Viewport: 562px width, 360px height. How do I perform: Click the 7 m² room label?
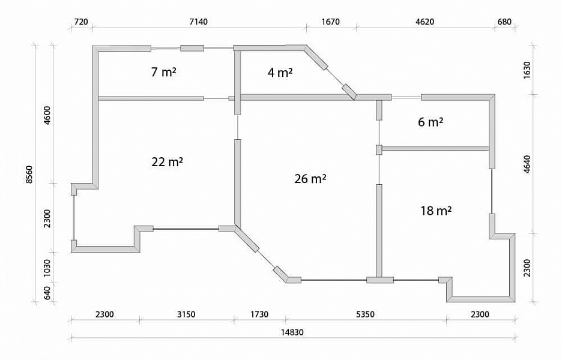[x=164, y=72]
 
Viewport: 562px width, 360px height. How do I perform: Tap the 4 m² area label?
[x=280, y=73]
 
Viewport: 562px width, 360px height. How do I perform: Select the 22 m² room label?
[x=167, y=162]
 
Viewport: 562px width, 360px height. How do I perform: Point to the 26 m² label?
[x=310, y=178]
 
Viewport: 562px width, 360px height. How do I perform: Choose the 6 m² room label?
[x=431, y=122]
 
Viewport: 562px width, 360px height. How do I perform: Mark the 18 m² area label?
[x=436, y=211]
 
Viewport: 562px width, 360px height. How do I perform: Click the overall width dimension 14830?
[x=292, y=332]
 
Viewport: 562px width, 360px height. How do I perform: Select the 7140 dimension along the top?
[x=198, y=22]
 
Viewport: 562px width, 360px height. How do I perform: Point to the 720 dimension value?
[x=80, y=22]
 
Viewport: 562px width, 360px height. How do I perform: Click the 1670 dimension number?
[x=330, y=22]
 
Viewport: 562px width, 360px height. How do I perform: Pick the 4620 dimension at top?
[x=425, y=22]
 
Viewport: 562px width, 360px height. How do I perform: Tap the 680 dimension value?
[x=504, y=22]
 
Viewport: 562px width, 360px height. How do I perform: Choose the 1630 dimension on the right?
[x=527, y=70]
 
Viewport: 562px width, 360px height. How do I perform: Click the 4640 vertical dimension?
[x=527, y=164]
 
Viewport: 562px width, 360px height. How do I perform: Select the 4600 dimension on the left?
[x=47, y=115]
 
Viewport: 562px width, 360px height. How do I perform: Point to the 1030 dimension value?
[x=47, y=268]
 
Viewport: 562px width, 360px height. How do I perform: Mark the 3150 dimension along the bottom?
[x=186, y=314]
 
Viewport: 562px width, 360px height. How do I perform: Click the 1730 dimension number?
[x=259, y=314]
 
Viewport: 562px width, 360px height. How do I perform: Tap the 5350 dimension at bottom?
[x=365, y=314]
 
